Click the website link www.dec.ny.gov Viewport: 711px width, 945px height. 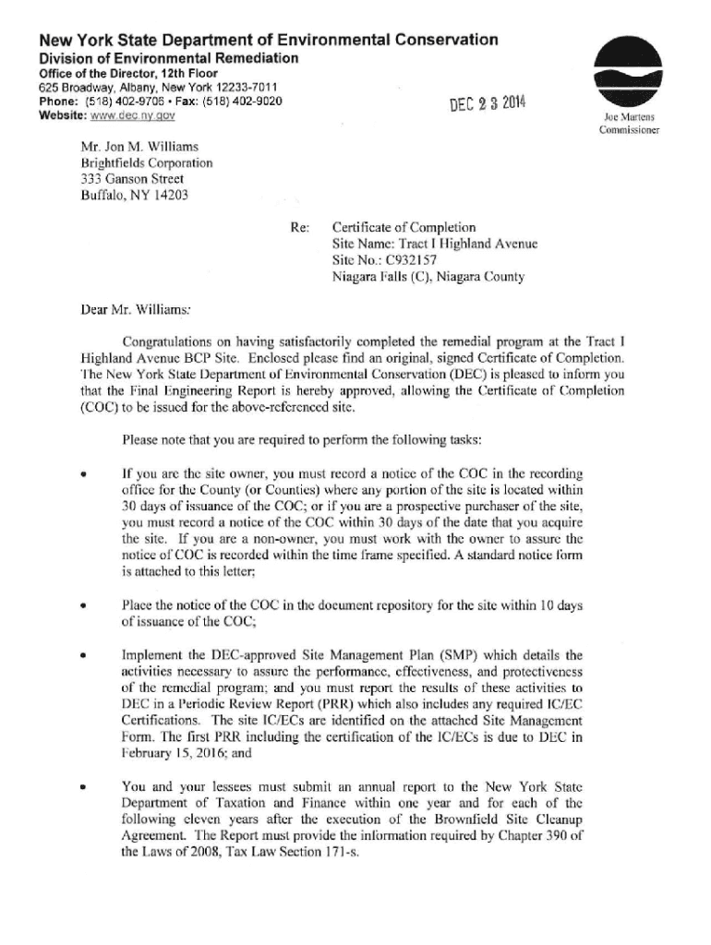pyautogui.click(x=136, y=115)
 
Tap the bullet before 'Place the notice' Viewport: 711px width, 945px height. pyautogui.click(x=84, y=607)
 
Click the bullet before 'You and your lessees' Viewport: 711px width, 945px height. pyautogui.click(x=84, y=789)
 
